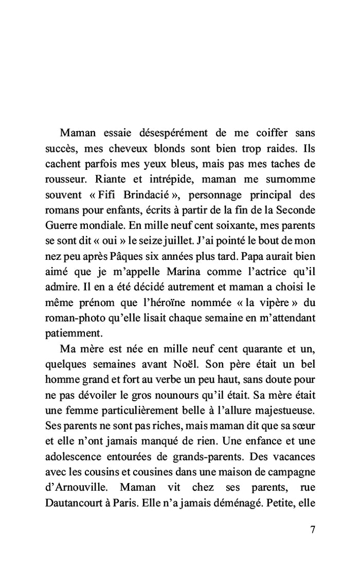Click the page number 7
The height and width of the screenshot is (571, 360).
point(313,530)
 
